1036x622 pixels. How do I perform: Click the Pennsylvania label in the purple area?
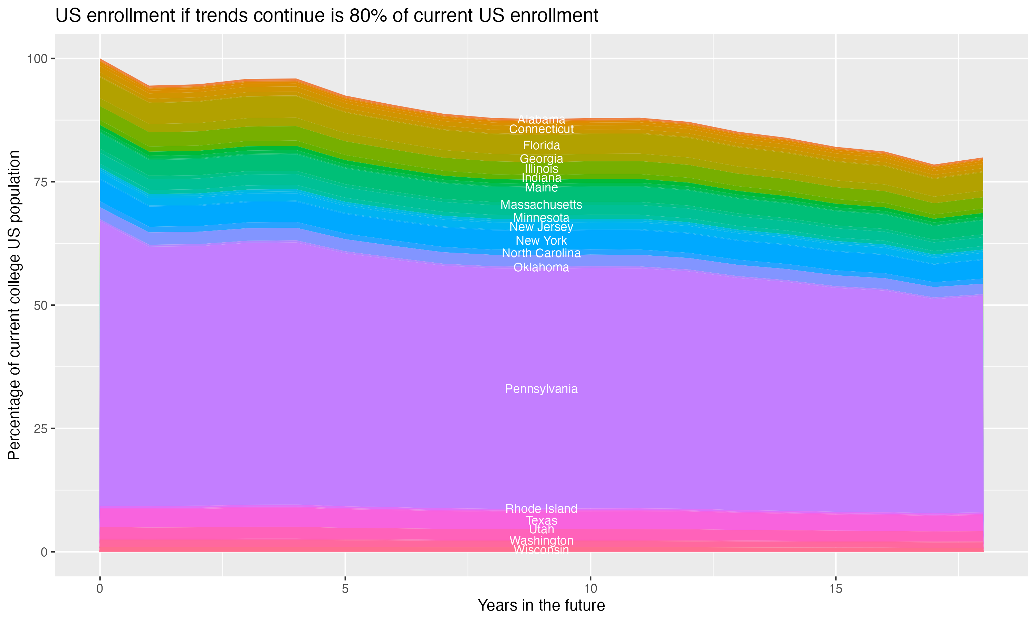point(541,389)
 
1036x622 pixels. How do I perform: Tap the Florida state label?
point(541,145)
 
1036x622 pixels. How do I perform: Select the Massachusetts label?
point(541,205)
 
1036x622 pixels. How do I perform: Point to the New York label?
point(541,241)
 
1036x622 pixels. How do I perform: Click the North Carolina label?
point(541,253)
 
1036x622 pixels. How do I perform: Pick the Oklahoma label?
point(541,267)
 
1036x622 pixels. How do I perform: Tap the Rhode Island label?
point(541,509)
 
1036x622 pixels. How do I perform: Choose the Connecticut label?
point(541,129)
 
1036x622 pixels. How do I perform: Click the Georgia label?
point(541,159)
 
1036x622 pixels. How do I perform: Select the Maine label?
point(541,187)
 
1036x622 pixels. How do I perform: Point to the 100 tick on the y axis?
point(37,59)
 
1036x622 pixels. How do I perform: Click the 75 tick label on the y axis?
point(40,182)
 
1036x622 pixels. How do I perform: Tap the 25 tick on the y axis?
point(40,428)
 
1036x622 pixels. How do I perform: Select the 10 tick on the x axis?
point(590,589)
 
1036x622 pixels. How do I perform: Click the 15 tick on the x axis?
point(835,589)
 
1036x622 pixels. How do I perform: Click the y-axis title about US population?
point(14,305)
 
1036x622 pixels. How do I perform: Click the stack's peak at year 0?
point(100,59)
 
